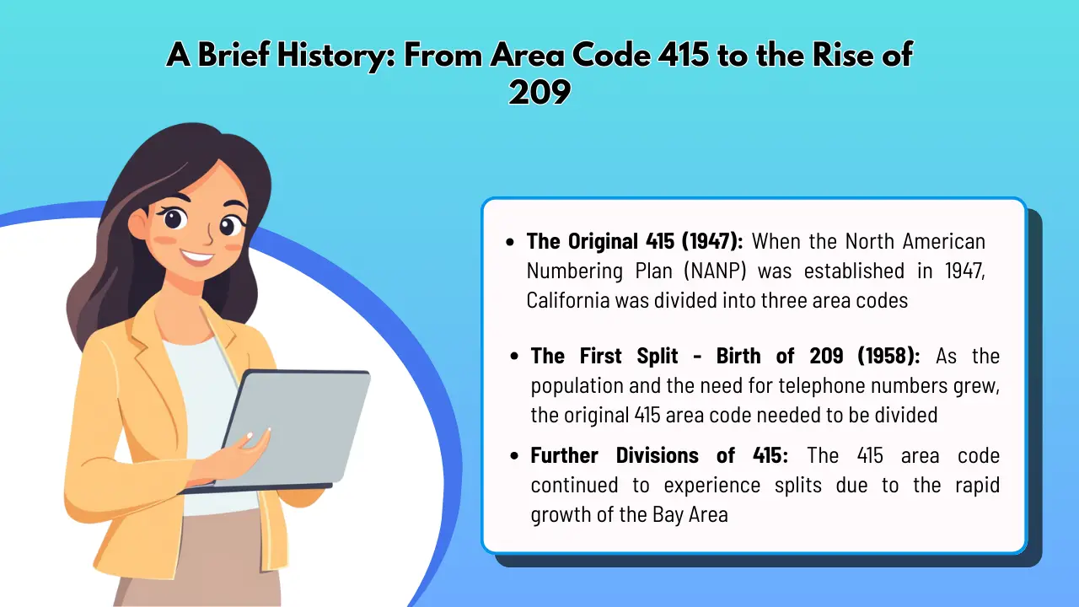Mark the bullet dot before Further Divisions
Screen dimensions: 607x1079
[514, 456]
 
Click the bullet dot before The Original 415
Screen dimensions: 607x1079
[510, 243]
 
